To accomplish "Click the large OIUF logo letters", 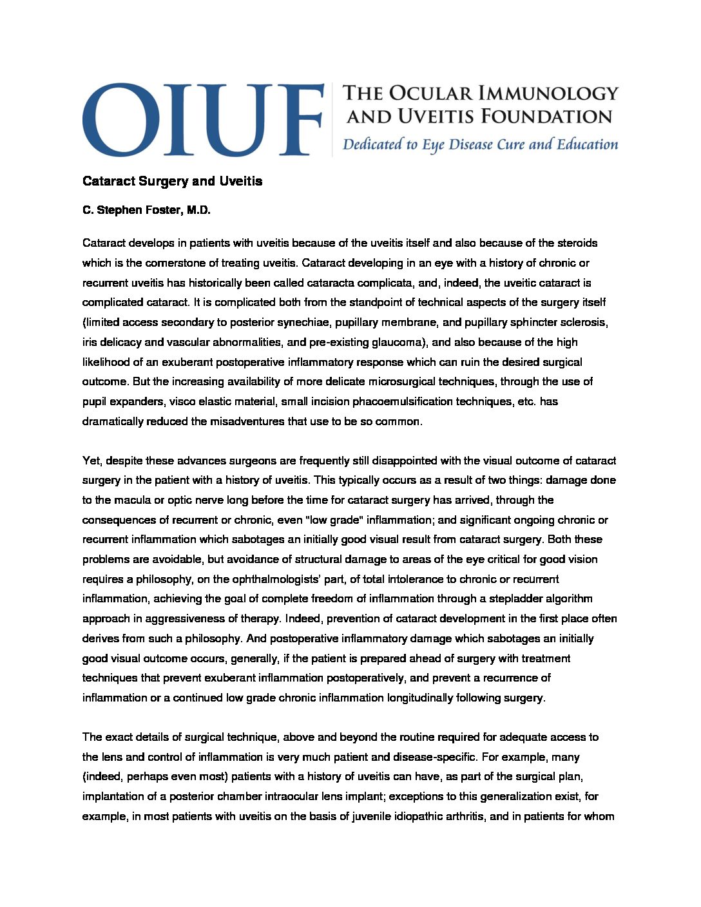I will [x=202, y=119].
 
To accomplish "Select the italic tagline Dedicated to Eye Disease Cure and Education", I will [x=480, y=144].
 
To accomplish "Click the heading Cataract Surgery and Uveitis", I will [x=172, y=181].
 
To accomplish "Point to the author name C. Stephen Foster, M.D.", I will [x=146, y=210].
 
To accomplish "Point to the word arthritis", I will [x=464, y=816].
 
